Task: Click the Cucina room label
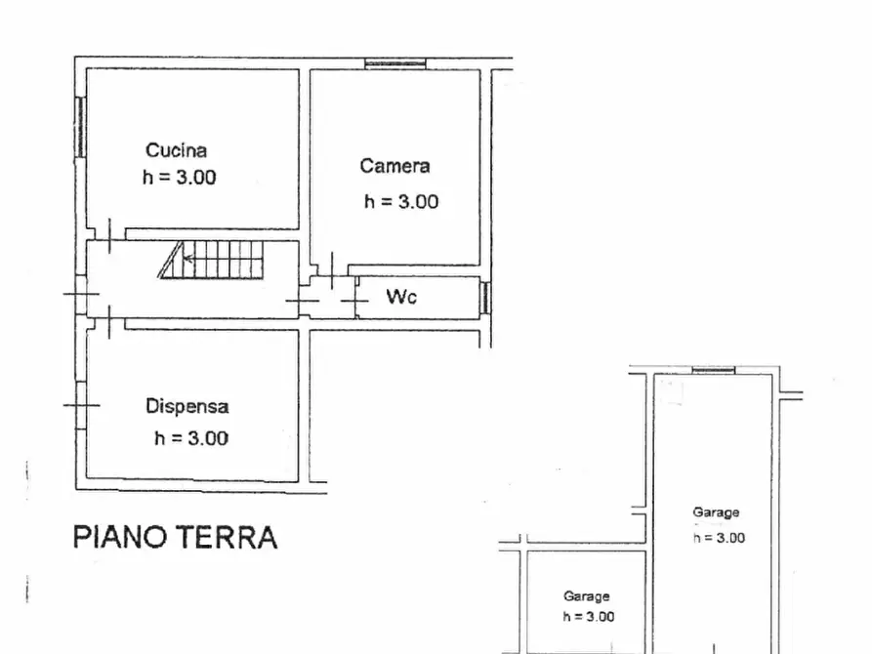point(176,150)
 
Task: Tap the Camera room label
point(394,166)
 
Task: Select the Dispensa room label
point(187,407)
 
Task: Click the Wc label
point(400,297)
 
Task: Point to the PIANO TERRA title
point(175,537)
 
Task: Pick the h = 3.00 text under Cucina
point(180,178)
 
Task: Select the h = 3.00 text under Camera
point(401,202)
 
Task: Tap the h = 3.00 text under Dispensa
point(191,438)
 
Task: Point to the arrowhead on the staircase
point(187,260)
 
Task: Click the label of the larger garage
point(716,512)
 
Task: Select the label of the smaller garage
point(586,596)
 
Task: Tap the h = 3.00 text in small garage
point(588,616)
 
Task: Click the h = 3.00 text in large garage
point(719,538)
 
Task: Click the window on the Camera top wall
point(395,64)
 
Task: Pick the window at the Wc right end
point(484,297)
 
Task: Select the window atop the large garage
point(713,370)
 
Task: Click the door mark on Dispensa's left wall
point(81,405)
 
